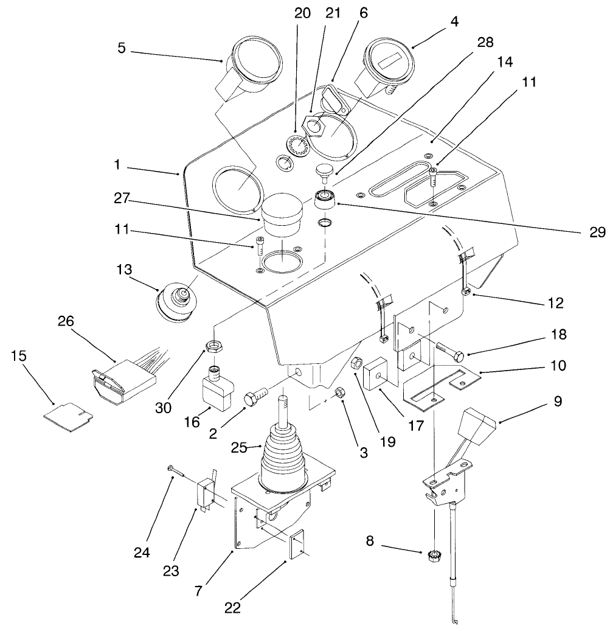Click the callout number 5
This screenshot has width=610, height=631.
click(x=122, y=47)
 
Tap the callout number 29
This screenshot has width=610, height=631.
click(x=597, y=231)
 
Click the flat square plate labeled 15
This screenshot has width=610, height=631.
click(x=68, y=417)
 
